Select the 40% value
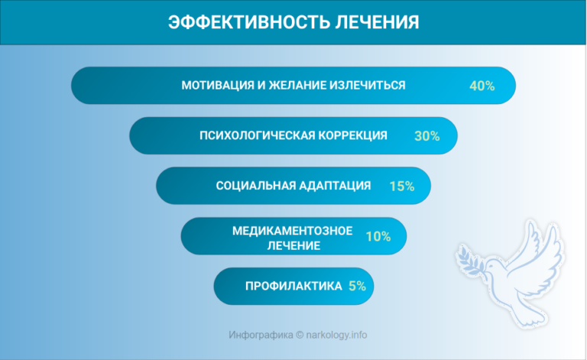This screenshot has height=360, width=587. pos(482,86)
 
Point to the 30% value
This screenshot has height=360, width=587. pos(426,136)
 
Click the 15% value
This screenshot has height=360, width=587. pos(401,186)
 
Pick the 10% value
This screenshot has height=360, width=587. pos(378,236)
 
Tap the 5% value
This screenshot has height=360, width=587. pos(357,287)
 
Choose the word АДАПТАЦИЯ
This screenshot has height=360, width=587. pos(336,186)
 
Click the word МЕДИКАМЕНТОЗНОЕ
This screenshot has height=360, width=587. pos(293,230)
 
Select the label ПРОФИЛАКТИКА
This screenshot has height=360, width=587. pos(293,287)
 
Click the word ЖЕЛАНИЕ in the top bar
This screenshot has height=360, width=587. pos(293,85)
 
